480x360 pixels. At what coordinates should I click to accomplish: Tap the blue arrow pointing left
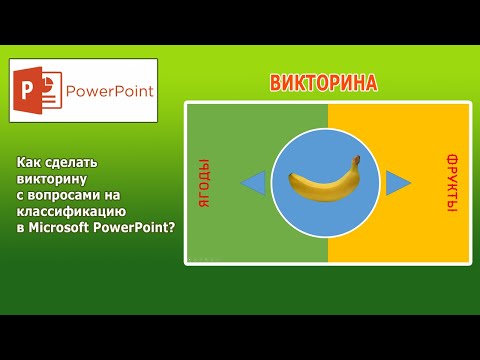click(x=253, y=183)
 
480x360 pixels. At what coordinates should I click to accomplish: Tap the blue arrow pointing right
click(x=399, y=182)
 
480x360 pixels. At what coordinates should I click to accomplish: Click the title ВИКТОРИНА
click(x=324, y=83)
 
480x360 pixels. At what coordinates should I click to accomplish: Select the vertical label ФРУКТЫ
click(x=452, y=182)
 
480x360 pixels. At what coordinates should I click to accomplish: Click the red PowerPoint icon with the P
click(x=33, y=90)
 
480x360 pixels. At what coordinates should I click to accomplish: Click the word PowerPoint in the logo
click(x=109, y=92)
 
